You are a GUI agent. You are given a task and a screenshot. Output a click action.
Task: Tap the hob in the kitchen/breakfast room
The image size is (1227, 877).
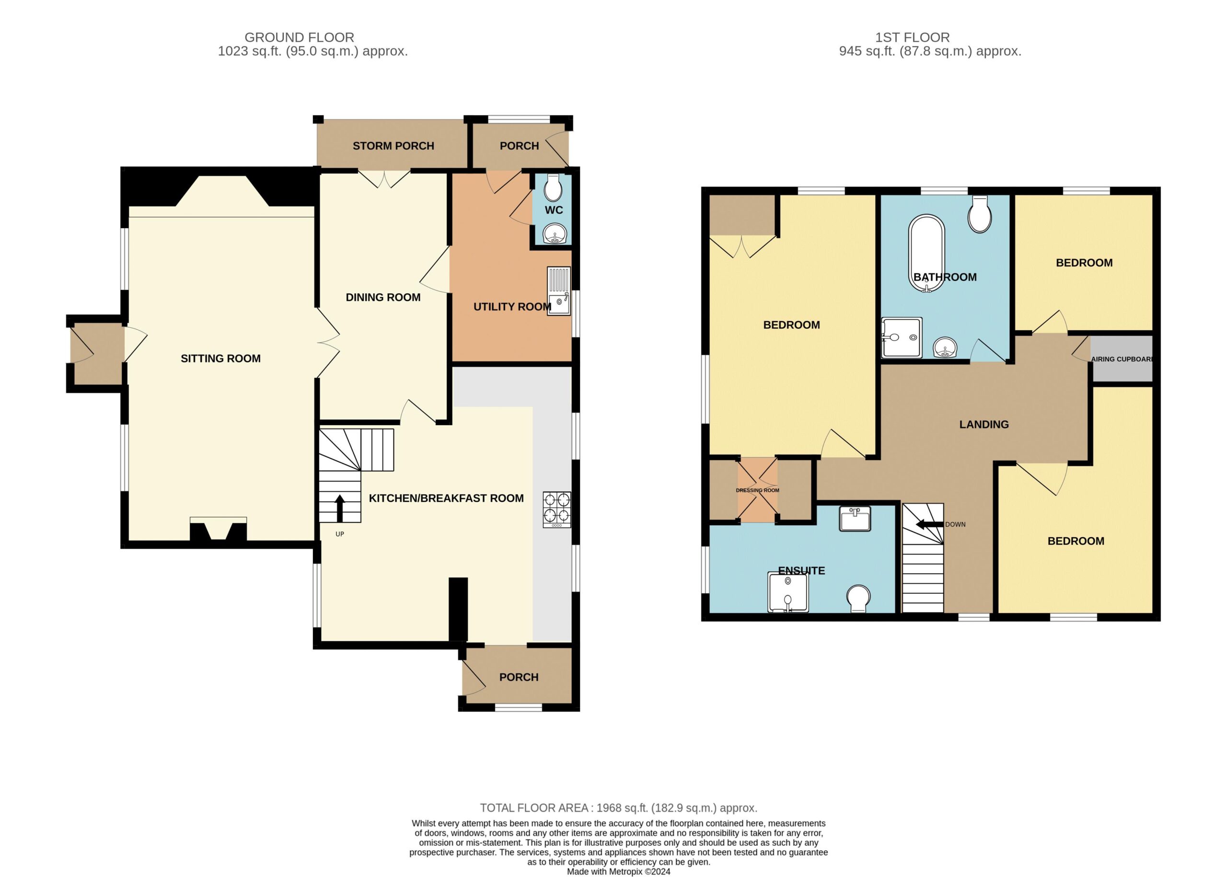click(x=557, y=509)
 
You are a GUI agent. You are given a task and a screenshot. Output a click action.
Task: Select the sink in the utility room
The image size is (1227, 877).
click(x=558, y=291)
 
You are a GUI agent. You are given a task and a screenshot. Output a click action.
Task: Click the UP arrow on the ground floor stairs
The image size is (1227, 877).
click(x=340, y=508)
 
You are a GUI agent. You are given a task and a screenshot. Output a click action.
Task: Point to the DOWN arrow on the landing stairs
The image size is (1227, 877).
click(x=928, y=524)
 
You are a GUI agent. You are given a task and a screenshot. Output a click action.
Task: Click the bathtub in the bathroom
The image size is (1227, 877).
click(x=926, y=253)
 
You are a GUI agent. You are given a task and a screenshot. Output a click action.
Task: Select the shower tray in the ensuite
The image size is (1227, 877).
click(x=788, y=592)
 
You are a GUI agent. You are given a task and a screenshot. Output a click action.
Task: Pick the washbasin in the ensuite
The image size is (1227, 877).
click(x=855, y=519)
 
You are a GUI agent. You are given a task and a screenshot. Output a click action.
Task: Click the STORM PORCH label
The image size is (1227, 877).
click(x=393, y=146)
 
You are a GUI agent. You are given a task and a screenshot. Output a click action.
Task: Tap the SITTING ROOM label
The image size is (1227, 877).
click(x=220, y=358)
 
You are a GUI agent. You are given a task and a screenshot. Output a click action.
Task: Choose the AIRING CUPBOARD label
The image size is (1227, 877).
click(x=1122, y=359)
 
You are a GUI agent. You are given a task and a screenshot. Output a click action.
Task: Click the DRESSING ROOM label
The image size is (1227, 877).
click(x=757, y=490)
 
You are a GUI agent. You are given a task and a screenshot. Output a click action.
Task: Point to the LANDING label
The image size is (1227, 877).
click(x=984, y=425)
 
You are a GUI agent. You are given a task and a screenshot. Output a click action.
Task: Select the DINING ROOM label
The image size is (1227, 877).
click(x=383, y=297)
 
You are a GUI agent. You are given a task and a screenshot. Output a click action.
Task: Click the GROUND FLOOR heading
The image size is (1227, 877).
click(x=299, y=37)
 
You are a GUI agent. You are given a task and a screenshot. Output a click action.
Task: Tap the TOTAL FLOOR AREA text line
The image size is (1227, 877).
click(x=618, y=808)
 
